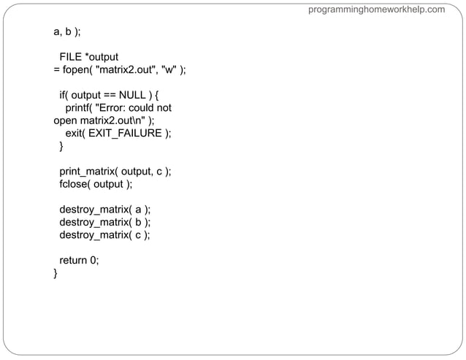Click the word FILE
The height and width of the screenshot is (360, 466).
pyautogui.click(x=71, y=57)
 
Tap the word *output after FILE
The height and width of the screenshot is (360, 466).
pyautogui.click(x=102, y=57)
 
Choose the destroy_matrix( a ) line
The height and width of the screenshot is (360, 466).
pyautogui.click(x=104, y=210)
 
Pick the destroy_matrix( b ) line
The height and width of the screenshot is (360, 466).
pyautogui.click(x=104, y=222)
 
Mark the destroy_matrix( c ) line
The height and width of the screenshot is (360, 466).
pyautogui.click(x=104, y=234)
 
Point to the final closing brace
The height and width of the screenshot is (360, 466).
pyautogui.click(x=56, y=273)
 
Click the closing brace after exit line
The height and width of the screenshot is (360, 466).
pyautogui.click(x=61, y=146)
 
